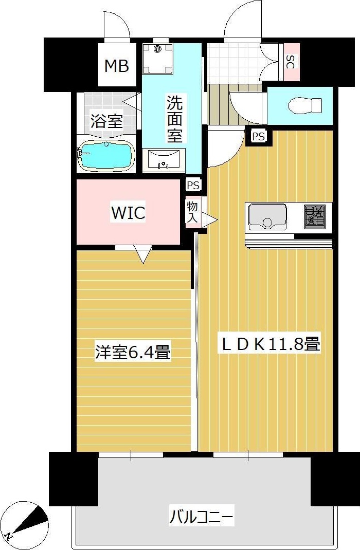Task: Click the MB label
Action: (x=117, y=66)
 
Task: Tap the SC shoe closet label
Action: (x=291, y=62)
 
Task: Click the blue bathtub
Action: (x=106, y=156)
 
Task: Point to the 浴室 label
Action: (x=106, y=122)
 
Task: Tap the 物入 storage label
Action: (x=192, y=212)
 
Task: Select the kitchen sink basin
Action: (x=267, y=217)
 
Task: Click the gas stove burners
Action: (x=315, y=216)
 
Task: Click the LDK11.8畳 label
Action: (x=271, y=344)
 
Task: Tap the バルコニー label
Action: (x=202, y=516)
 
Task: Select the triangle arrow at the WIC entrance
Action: (x=142, y=254)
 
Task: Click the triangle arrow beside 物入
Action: (x=210, y=219)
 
